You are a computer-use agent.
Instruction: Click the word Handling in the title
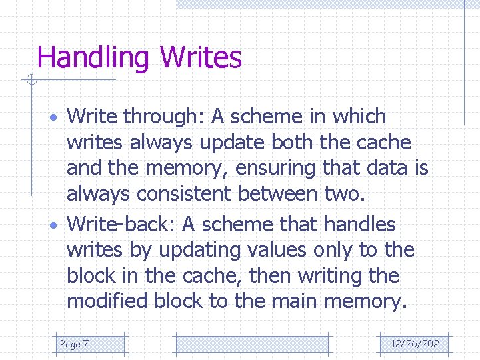tap(94, 58)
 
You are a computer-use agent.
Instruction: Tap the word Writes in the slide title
tap(201, 58)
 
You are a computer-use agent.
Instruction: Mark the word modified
tap(107, 301)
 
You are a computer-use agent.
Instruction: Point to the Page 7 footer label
tap(74, 344)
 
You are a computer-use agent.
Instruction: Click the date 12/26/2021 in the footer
tap(417, 344)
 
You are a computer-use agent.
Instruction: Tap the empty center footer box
tap(252, 344)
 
